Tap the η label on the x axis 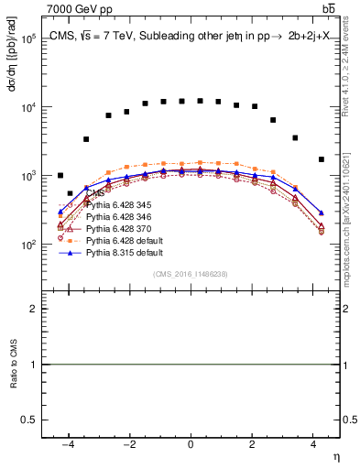[336, 455]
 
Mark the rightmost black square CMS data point [321, 159]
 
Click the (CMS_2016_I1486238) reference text [191, 275]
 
